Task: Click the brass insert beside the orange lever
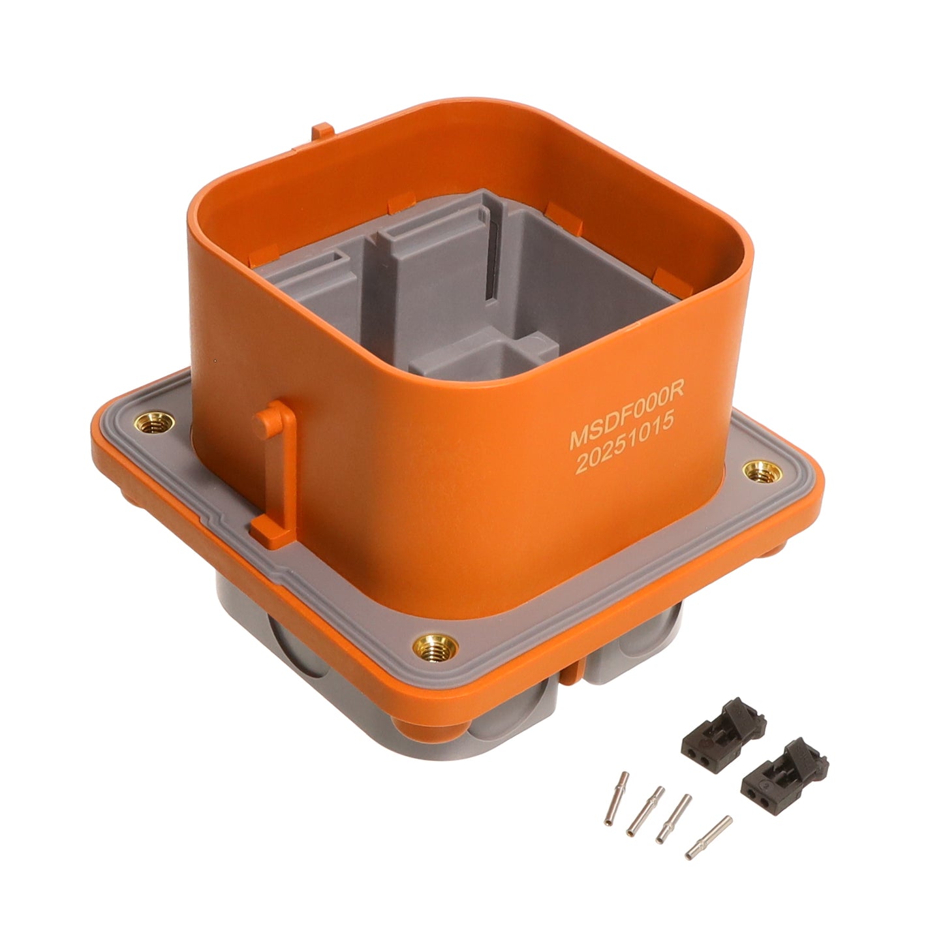pos(154,422)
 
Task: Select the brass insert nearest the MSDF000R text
pos(762,472)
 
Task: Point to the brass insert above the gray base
pos(435,648)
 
